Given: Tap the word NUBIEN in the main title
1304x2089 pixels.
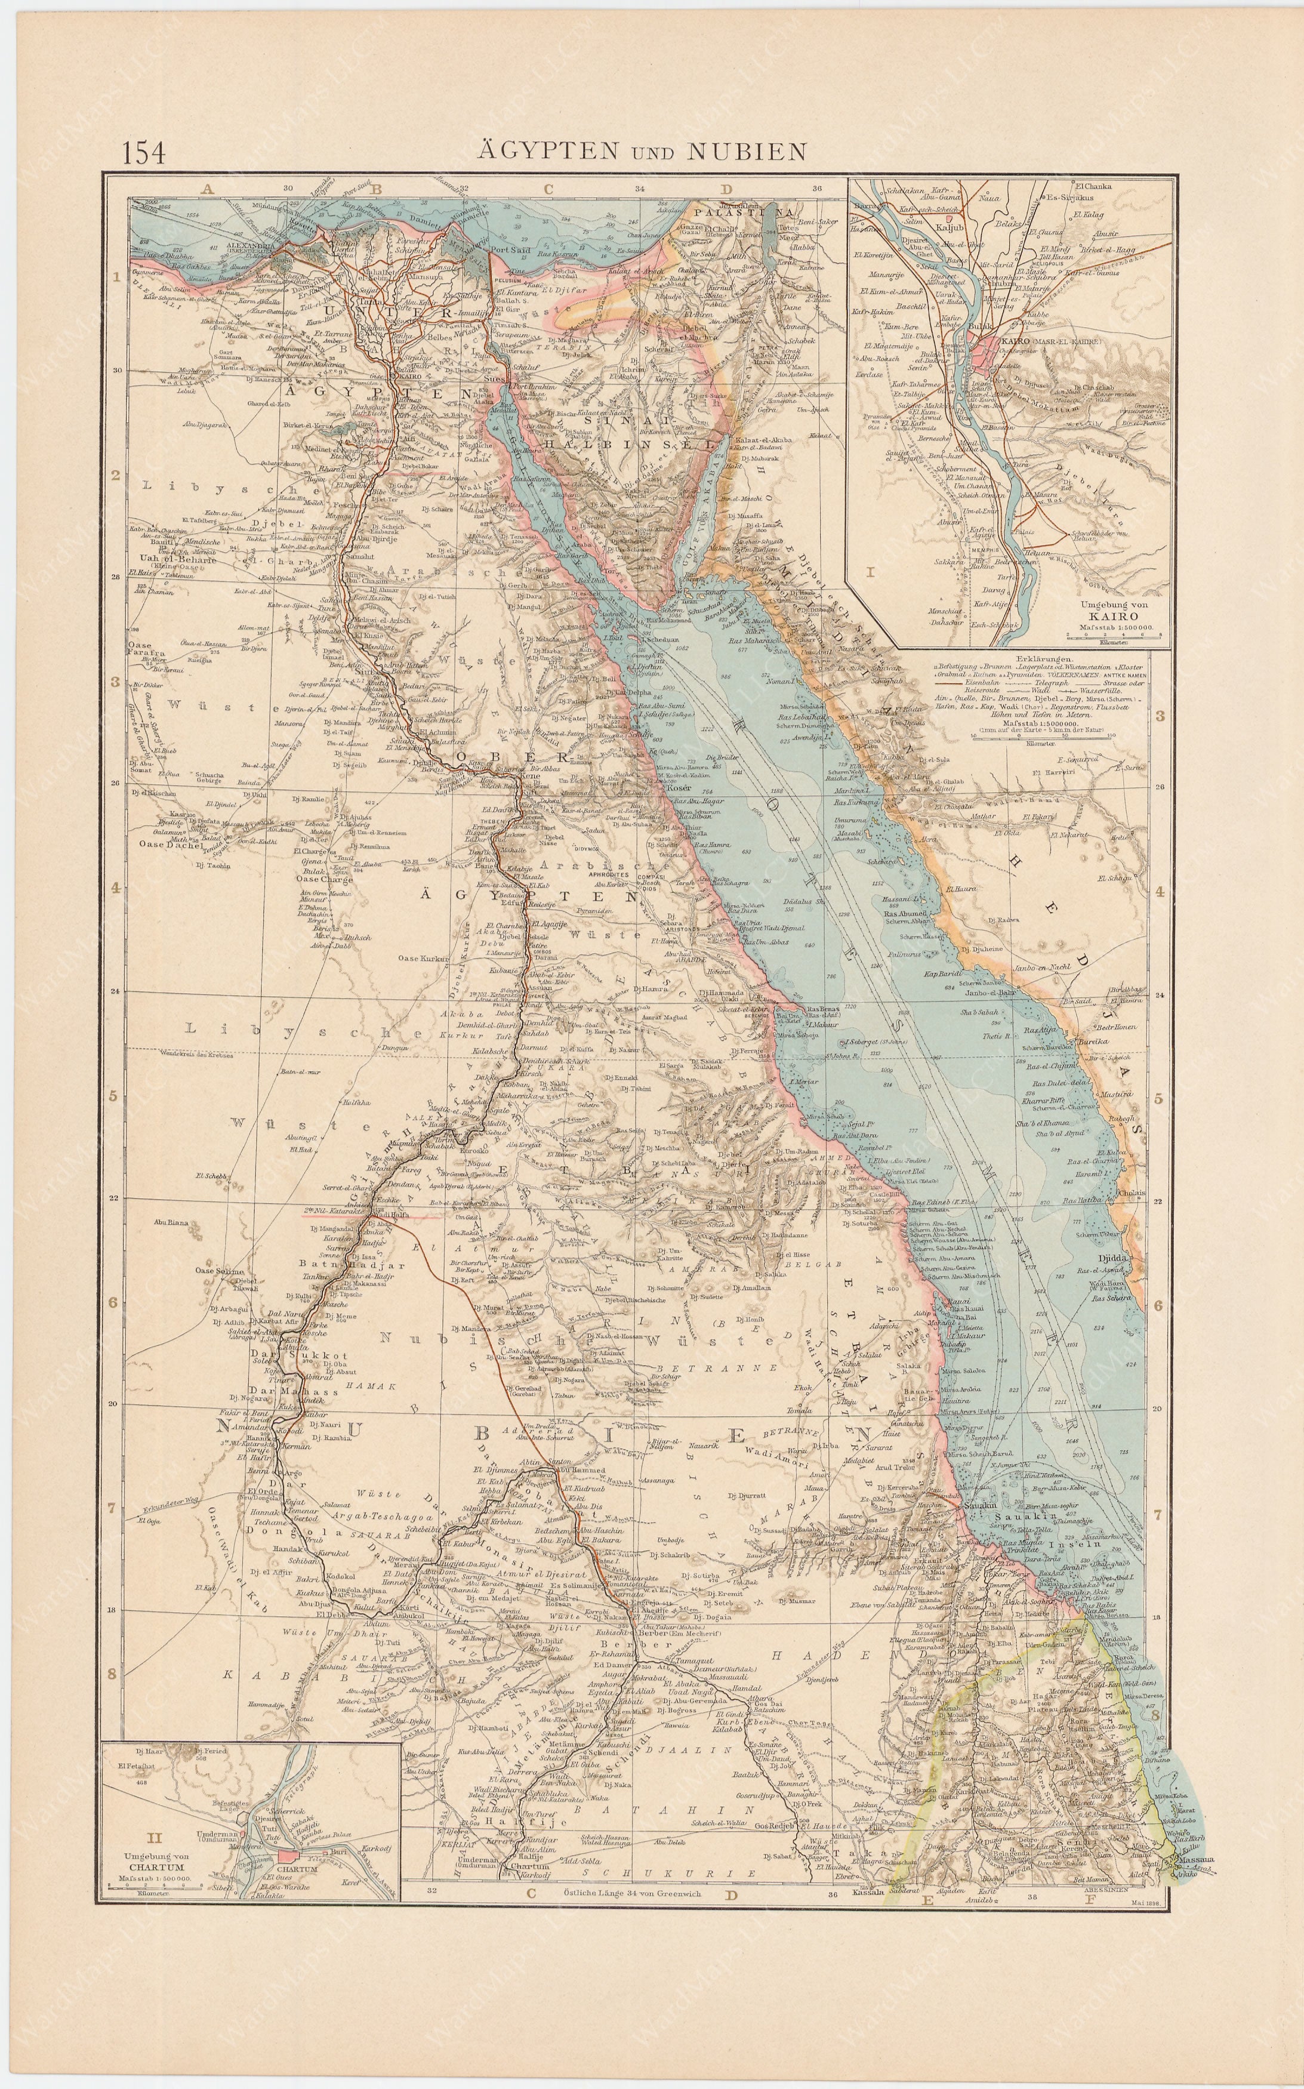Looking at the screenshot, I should pyautogui.click(x=746, y=152).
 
